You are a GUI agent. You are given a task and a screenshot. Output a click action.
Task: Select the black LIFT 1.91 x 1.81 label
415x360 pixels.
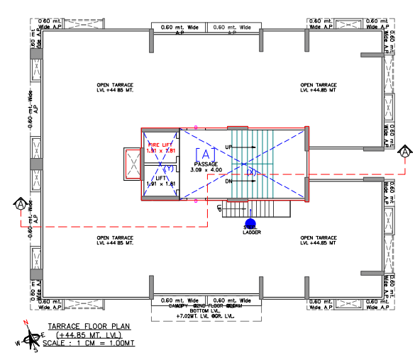point(160,181)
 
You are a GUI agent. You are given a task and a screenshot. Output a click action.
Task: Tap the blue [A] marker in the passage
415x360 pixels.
point(204,154)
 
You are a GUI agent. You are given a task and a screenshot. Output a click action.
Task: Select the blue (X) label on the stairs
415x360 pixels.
point(251,172)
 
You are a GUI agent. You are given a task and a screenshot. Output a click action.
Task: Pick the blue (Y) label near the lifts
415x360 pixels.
point(169,169)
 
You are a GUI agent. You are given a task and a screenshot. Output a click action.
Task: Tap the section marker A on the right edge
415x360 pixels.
point(404,151)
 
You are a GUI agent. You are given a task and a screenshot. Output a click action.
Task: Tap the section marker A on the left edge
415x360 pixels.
point(19,205)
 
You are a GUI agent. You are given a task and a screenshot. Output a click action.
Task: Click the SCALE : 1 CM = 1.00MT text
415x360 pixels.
point(88,343)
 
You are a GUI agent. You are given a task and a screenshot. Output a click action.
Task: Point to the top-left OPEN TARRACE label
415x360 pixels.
point(115,87)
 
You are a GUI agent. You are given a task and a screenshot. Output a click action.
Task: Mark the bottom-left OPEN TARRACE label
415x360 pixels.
point(115,241)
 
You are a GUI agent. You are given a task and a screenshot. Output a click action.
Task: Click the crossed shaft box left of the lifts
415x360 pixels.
point(133,164)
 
